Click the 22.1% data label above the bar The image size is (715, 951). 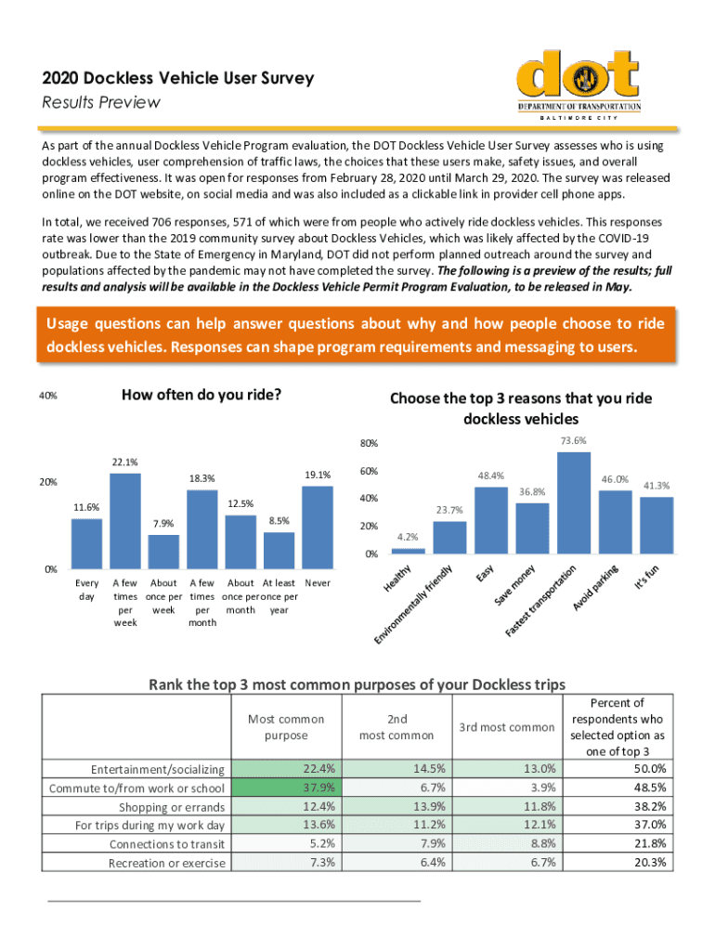coord(125,462)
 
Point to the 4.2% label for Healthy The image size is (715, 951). coord(408,537)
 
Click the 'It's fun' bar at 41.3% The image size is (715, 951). coord(656,525)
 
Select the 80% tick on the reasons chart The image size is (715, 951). coord(368,444)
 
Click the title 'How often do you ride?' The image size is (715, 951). coord(201,394)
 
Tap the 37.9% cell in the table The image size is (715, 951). coord(286,788)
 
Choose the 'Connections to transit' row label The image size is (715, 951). coord(167,844)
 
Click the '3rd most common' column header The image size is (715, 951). coord(506,727)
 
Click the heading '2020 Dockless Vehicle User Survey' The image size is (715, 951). coord(178,79)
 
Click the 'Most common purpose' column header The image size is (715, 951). coord(286,727)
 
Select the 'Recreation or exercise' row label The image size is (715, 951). coord(167,864)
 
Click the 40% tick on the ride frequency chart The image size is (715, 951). coord(48,396)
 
